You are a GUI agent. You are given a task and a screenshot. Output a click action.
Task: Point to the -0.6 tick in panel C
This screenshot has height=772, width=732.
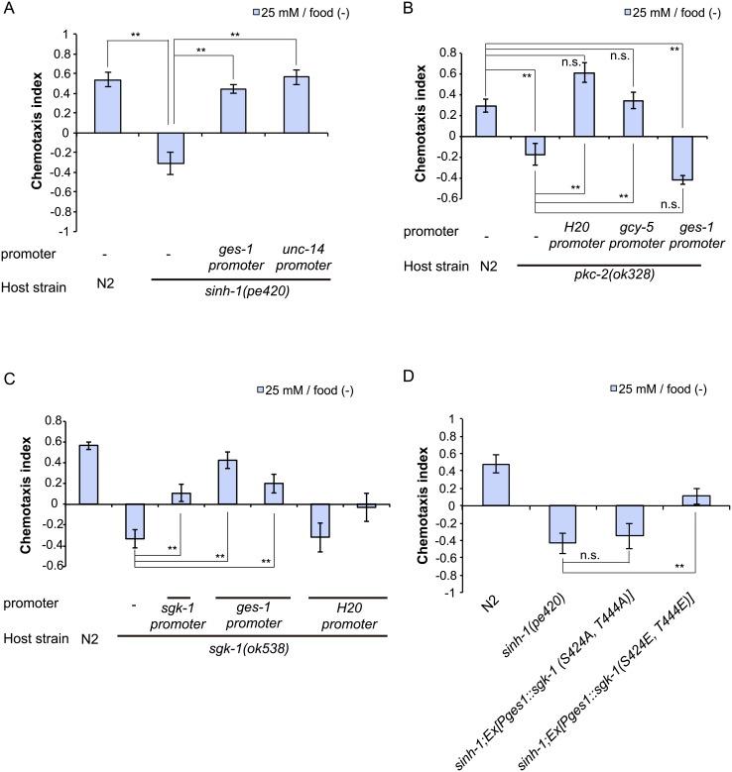68,566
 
